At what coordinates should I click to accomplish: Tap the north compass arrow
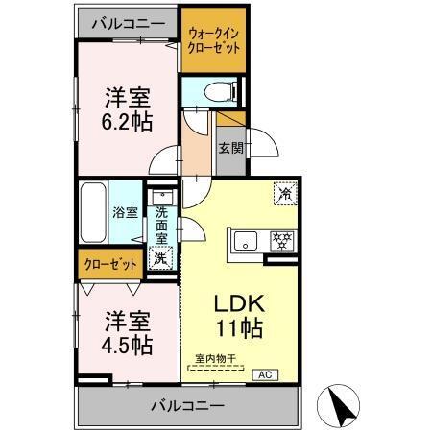[339, 404]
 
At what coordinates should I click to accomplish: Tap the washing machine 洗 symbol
[162, 257]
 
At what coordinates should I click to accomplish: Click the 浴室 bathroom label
[125, 211]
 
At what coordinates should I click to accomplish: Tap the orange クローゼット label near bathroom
[108, 263]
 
